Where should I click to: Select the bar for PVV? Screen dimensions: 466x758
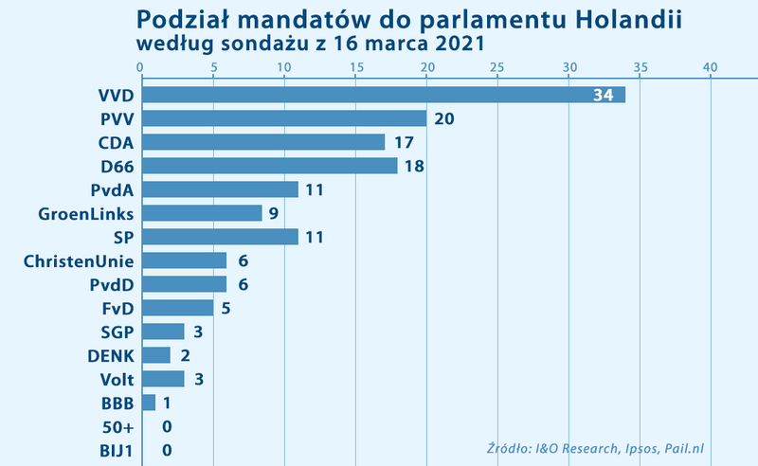tap(283, 118)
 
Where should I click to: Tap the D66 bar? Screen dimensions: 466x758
tap(269, 166)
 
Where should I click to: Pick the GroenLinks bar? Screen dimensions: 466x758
tap(201, 213)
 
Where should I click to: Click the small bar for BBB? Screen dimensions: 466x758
tap(148, 403)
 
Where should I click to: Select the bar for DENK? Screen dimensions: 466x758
tap(155, 355)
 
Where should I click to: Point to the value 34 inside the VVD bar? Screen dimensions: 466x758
tap(604, 96)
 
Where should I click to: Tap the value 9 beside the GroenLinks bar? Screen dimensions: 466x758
tap(273, 214)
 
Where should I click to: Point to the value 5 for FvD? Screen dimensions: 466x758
tap(226, 309)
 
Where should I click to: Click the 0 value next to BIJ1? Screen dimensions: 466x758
tap(167, 451)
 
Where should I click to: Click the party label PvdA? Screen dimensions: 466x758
tap(112, 190)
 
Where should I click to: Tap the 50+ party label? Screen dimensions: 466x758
tap(117, 427)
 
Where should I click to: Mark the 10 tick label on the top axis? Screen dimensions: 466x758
tap(283, 67)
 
